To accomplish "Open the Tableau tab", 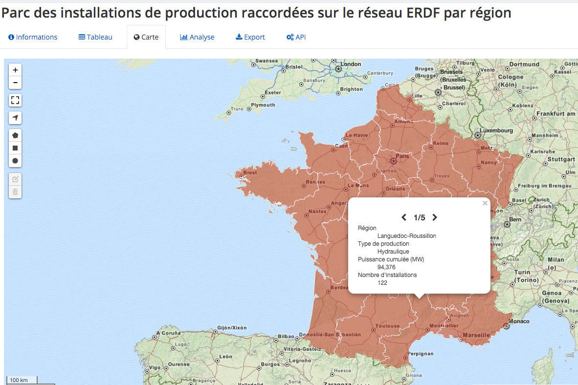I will point(95,37).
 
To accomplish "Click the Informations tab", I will point(33,37).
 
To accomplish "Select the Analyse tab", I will point(197,37).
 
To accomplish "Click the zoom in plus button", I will point(15,70).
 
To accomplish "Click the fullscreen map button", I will point(15,101).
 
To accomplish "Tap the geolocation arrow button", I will point(15,118).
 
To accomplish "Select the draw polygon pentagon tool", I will point(15,135).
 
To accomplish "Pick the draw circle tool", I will point(15,161).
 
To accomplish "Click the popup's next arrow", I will point(435,217).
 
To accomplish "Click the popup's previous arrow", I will point(404,217).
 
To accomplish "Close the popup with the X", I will point(485,203).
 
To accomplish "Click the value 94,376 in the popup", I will point(386,267).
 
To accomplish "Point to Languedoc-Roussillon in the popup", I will point(406,236).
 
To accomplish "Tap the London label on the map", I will point(351,64).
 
